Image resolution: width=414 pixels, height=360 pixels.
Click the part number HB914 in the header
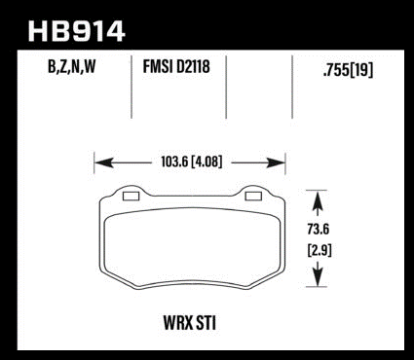tap(76, 31)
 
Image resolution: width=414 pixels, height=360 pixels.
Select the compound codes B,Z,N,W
tap(72, 67)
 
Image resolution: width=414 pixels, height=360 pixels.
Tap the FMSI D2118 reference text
tap(176, 66)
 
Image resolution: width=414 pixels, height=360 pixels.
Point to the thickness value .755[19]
tap(348, 70)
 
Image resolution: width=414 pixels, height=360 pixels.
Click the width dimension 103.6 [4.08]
tap(192, 162)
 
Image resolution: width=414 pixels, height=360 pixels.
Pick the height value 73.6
tap(319, 230)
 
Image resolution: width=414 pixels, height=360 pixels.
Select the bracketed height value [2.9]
tap(320, 251)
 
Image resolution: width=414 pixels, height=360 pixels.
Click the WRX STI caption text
tap(190, 323)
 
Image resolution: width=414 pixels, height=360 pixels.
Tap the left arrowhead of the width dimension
tap(103, 162)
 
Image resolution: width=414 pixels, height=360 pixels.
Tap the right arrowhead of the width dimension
tap(276, 162)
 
